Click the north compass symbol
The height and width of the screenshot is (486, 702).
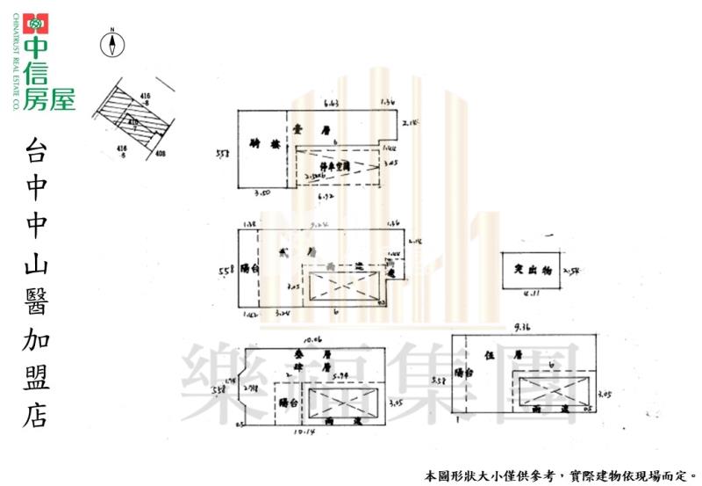pos(112,44)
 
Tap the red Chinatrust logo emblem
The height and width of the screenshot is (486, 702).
pos(36,24)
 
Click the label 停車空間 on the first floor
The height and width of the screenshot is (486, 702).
pos(335,165)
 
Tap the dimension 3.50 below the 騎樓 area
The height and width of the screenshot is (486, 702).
pos(262,192)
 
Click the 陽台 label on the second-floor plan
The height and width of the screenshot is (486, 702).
pos(248,270)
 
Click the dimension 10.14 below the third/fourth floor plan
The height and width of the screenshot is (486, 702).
pos(304,432)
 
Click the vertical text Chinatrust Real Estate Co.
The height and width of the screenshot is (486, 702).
pos(15,65)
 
